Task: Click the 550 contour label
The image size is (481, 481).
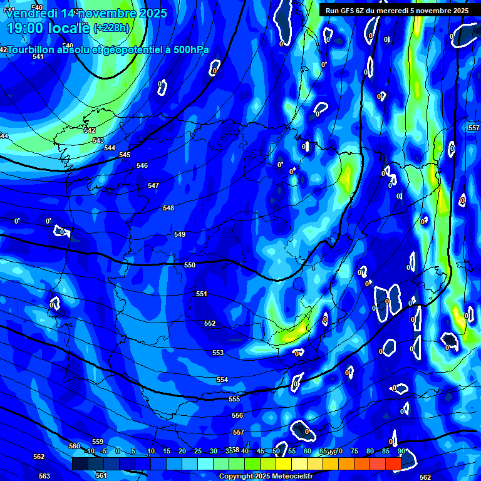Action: click(x=190, y=265)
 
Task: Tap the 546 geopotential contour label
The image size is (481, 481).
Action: click(x=142, y=165)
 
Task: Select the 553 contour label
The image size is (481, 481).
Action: click(x=218, y=353)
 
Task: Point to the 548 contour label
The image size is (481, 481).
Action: click(x=168, y=208)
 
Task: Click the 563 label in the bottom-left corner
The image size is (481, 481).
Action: click(x=44, y=476)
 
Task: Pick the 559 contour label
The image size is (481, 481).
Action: click(x=98, y=442)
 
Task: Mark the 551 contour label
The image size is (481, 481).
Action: click(x=202, y=294)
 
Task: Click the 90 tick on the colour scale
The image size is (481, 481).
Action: click(x=401, y=452)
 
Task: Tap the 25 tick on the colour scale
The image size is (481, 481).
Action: click(x=197, y=452)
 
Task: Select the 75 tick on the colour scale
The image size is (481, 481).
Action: click(x=354, y=452)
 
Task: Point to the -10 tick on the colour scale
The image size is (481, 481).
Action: click(x=89, y=452)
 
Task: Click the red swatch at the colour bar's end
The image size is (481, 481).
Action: click(x=393, y=463)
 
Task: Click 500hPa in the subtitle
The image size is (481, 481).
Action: click(x=188, y=50)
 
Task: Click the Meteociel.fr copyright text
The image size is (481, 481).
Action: click(x=272, y=477)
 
